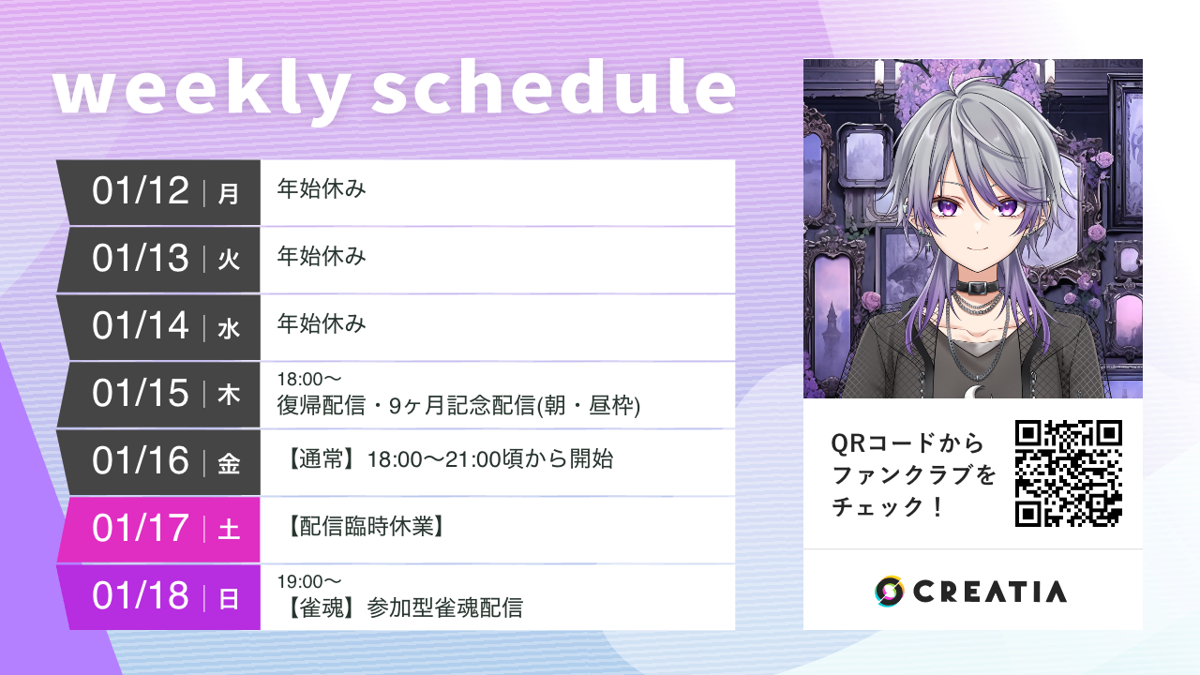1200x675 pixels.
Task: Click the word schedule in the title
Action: (x=553, y=90)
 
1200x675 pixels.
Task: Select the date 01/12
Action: (x=141, y=191)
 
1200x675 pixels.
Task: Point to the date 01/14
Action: (x=141, y=326)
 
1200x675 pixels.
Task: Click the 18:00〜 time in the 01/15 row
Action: (x=309, y=380)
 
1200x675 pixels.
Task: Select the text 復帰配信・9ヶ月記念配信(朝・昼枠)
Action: (x=458, y=406)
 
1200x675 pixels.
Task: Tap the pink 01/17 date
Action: (x=141, y=529)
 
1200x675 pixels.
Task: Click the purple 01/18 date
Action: (x=141, y=596)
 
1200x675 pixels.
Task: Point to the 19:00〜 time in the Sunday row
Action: (x=309, y=582)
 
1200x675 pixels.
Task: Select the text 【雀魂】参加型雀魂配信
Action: (x=403, y=608)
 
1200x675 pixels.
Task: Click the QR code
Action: (x=1069, y=473)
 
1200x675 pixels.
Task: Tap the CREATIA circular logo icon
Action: (x=889, y=591)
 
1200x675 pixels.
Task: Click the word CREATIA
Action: (x=990, y=592)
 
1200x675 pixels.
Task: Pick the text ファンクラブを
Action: (x=914, y=475)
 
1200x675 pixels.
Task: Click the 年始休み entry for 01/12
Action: (x=321, y=189)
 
